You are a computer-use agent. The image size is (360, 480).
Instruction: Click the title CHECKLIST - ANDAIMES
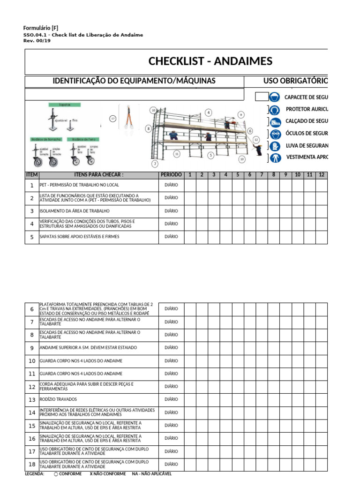point(210,61)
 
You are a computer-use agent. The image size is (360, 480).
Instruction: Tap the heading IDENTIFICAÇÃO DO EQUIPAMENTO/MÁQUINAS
point(134,81)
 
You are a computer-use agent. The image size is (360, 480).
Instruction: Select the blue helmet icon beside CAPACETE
point(276,97)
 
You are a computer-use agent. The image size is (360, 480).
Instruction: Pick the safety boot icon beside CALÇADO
point(275,121)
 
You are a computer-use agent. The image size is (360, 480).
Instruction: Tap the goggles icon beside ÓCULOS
point(275,134)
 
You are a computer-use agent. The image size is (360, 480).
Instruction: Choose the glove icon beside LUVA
point(275,146)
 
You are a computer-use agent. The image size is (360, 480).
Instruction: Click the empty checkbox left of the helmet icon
point(262,97)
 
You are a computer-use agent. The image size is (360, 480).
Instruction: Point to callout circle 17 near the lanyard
point(112,119)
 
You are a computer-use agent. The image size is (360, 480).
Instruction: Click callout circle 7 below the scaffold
point(155,164)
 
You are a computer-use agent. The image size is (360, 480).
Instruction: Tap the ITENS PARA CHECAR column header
point(98,175)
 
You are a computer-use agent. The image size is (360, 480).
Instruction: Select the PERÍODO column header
point(171,175)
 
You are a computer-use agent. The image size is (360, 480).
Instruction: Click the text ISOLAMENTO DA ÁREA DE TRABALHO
point(75,211)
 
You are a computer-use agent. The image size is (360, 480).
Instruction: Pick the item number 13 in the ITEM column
point(32,400)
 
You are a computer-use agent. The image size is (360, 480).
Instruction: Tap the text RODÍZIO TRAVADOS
point(58,400)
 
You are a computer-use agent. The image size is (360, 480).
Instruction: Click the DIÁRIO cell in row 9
point(171,348)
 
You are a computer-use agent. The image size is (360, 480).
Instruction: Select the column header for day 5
point(238,175)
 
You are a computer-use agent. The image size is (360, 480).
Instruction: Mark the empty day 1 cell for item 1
point(190,185)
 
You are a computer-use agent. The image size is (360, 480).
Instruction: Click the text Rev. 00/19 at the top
point(37,41)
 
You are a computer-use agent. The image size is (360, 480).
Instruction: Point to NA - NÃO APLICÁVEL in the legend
point(151,474)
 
